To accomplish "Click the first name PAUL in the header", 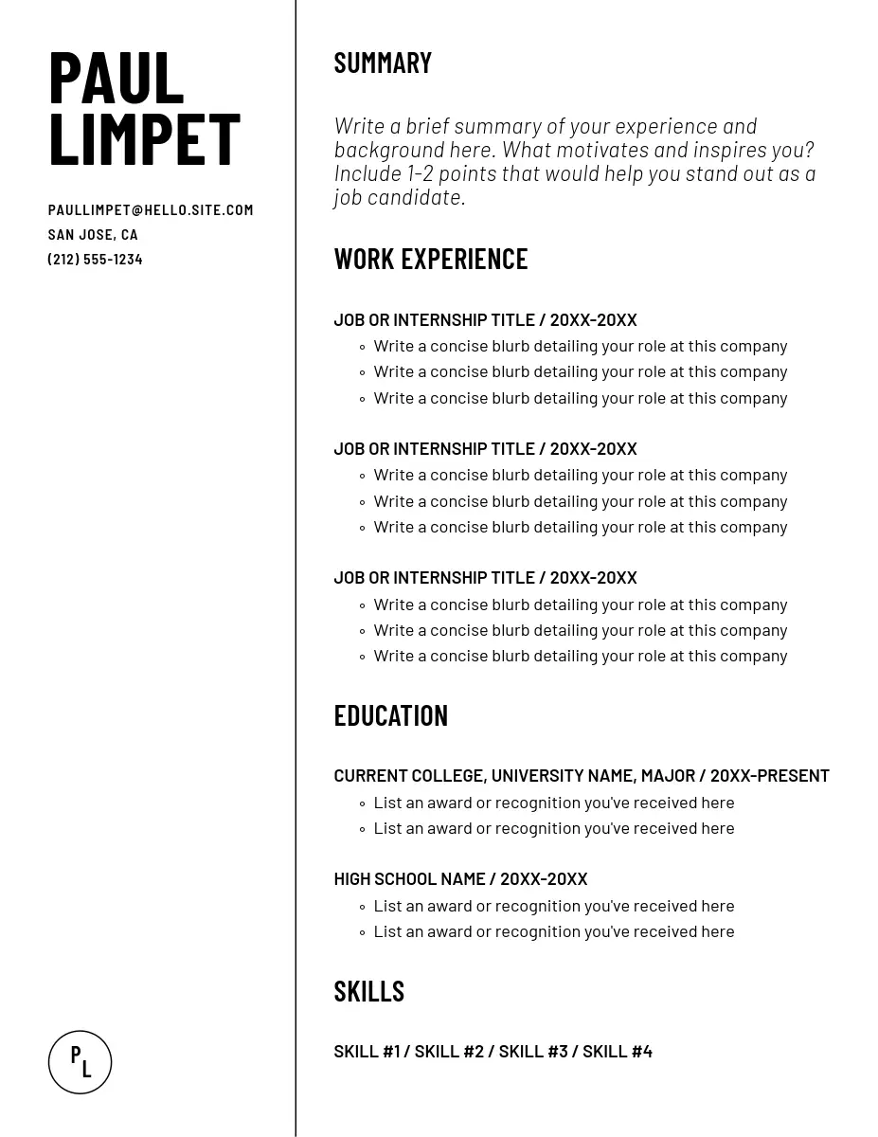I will click(x=116, y=78).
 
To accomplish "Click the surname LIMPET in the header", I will click(x=144, y=139).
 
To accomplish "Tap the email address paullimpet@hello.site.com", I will click(x=151, y=210).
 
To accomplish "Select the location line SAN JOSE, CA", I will click(x=93, y=235).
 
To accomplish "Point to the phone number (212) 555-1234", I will click(x=95, y=260).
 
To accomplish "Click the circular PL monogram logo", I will click(x=81, y=1062).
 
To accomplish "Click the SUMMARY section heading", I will click(x=383, y=63).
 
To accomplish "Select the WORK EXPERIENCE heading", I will click(x=430, y=259).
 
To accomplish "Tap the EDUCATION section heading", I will click(x=390, y=715).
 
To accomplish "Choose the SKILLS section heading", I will click(x=368, y=991).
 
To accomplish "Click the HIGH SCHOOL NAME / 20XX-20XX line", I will click(x=460, y=879).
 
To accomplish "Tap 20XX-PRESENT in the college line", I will click(x=769, y=776).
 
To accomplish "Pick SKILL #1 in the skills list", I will click(x=367, y=1052).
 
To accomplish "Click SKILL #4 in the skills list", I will click(x=617, y=1052).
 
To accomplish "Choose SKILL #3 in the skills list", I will click(x=533, y=1052).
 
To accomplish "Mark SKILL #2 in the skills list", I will click(x=449, y=1052).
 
